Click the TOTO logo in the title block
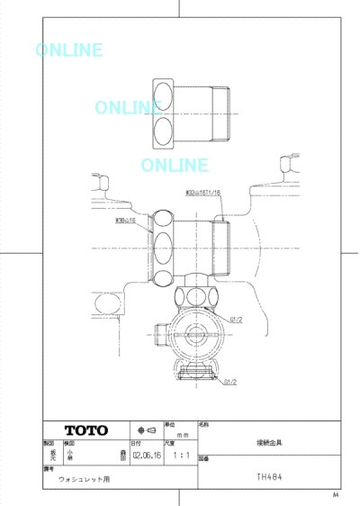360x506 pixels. coord(85,429)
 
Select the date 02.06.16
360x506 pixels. coord(145,456)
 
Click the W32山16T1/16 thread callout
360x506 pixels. coord(202,192)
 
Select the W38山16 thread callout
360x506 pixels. coord(125,220)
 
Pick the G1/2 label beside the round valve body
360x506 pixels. coord(237,319)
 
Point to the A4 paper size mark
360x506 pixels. coord(336,494)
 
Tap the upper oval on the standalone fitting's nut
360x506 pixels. coord(164,95)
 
